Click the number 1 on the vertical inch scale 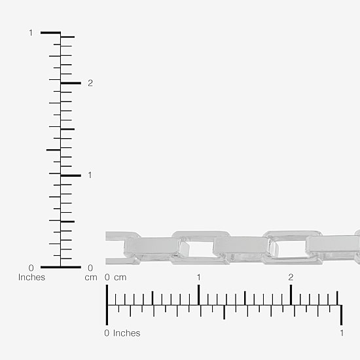tap(31, 33)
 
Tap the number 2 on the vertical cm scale tap(90, 83)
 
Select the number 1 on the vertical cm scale tap(90, 175)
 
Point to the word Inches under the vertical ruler tap(31, 278)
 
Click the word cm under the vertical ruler tap(91, 278)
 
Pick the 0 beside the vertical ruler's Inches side tap(31, 268)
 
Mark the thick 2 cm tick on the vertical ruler tap(71, 83)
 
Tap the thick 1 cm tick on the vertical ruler tap(71, 175)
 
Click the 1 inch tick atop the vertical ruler tap(51, 33)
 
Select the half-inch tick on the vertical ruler tap(54, 150)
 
